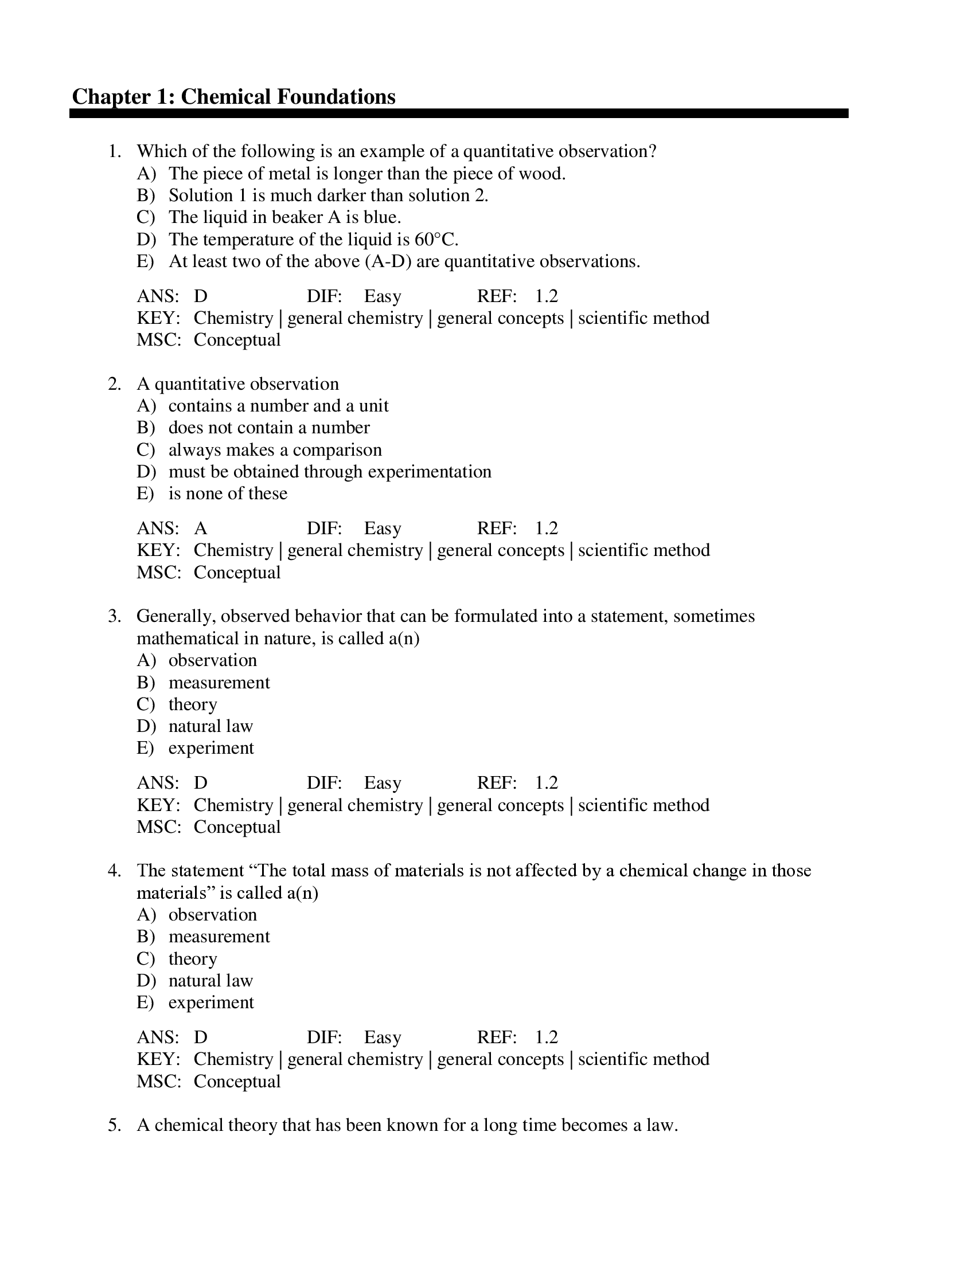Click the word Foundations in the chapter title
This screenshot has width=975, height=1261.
coord(336,96)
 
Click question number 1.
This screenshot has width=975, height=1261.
coord(114,151)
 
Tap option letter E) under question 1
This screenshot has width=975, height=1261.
coord(145,261)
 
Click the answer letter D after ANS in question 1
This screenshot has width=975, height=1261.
coord(200,296)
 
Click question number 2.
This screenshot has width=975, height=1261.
coord(114,384)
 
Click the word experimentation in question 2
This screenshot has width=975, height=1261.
coord(429,472)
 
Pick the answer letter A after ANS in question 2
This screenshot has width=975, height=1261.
coord(200,528)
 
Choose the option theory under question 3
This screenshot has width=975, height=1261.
coord(192,704)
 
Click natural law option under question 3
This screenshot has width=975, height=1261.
coord(210,726)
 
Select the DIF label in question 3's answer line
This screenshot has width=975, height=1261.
coord(324,783)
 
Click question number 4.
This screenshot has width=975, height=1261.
coord(114,871)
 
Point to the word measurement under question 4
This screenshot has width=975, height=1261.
coord(219,937)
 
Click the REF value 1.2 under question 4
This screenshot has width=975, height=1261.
coord(546,1037)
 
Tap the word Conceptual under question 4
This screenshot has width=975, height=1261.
coord(237,1082)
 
